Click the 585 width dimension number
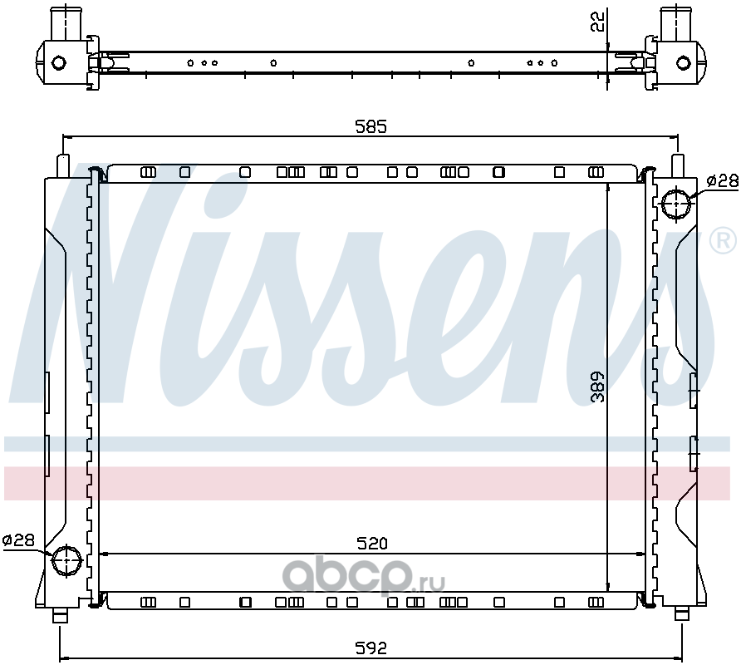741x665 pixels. tap(371, 126)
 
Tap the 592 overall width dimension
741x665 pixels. tap(371, 648)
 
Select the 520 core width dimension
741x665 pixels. tap(372, 544)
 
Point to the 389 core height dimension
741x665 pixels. tap(598, 387)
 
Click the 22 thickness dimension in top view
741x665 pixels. tap(598, 22)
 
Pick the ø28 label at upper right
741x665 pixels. tap(722, 180)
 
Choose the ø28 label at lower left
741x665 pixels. tap(18, 540)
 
